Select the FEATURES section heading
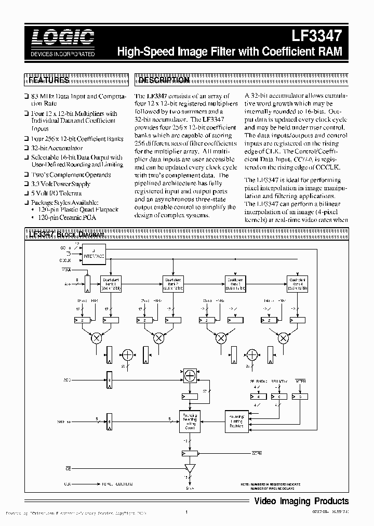pyautogui.click(x=49, y=81)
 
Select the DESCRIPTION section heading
pyautogui.click(x=164, y=81)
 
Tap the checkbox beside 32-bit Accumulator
pyautogui.click(x=26, y=148)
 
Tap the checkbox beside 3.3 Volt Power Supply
pyautogui.click(x=26, y=184)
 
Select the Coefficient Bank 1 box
pyautogui.click(x=110, y=284)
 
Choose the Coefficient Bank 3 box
pyautogui.click(x=235, y=284)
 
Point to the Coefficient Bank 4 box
pyautogui.click(x=297, y=284)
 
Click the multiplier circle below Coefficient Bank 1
pyautogui.click(x=97, y=338)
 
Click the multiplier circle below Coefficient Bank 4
pyautogui.click(x=283, y=338)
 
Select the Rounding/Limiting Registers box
pyautogui.click(x=236, y=418)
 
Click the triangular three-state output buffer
pyautogui.click(x=190, y=469)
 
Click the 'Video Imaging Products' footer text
pyautogui.click(x=301, y=501)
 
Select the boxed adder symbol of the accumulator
pyautogui.click(x=190, y=375)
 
